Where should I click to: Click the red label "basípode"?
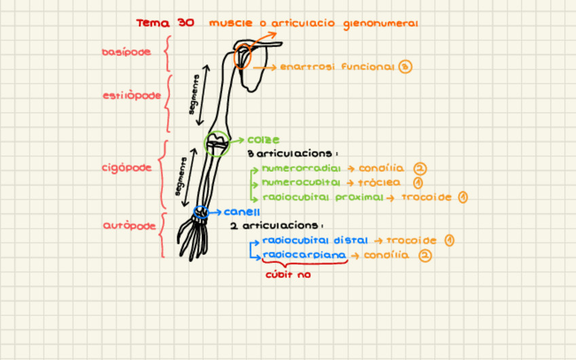coord(126,52)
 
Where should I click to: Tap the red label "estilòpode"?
coord(132,96)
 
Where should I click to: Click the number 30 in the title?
coord(185,23)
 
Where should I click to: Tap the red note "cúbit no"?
coord(288,275)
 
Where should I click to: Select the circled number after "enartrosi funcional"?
coord(406,67)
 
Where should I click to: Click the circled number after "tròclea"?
coord(418,183)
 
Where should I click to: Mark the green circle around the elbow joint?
coord(217,143)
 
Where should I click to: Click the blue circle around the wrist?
coord(200,212)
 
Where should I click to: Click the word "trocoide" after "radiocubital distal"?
coord(412,240)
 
